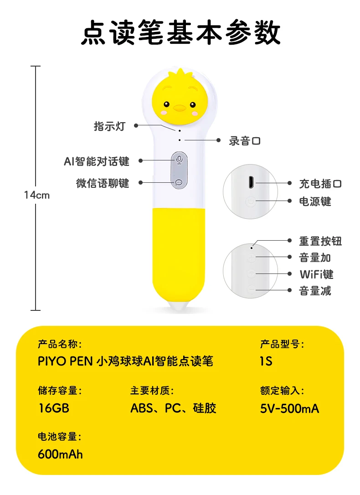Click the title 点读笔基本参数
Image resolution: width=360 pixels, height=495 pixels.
(x=180, y=32)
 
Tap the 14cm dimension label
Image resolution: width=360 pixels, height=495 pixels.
(x=37, y=195)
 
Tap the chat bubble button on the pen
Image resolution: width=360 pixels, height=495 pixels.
(x=179, y=182)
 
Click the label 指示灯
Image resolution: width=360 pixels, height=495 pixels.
(x=109, y=126)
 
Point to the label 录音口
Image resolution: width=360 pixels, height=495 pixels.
(x=245, y=141)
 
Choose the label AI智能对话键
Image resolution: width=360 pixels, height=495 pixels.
(x=97, y=161)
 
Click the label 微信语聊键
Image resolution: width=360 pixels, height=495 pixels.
(x=103, y=183)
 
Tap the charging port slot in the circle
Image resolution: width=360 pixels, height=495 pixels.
(x=250, y=182)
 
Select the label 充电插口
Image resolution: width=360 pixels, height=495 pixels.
(x=320, y=184)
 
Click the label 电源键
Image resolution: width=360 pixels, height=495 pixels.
(x=315, y=201)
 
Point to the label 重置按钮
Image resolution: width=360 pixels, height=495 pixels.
(x=320, y=241)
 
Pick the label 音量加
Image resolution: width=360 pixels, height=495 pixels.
(x=315, y=258)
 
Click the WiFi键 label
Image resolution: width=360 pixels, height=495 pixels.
(x=316, y=274)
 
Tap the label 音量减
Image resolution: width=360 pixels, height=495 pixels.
(x=315, y=290)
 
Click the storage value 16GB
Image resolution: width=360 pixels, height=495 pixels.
(x=53, y=408)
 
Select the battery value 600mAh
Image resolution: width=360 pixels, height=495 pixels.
(x=60, y=454)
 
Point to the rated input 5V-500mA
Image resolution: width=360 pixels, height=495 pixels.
(x=289, y=408)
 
